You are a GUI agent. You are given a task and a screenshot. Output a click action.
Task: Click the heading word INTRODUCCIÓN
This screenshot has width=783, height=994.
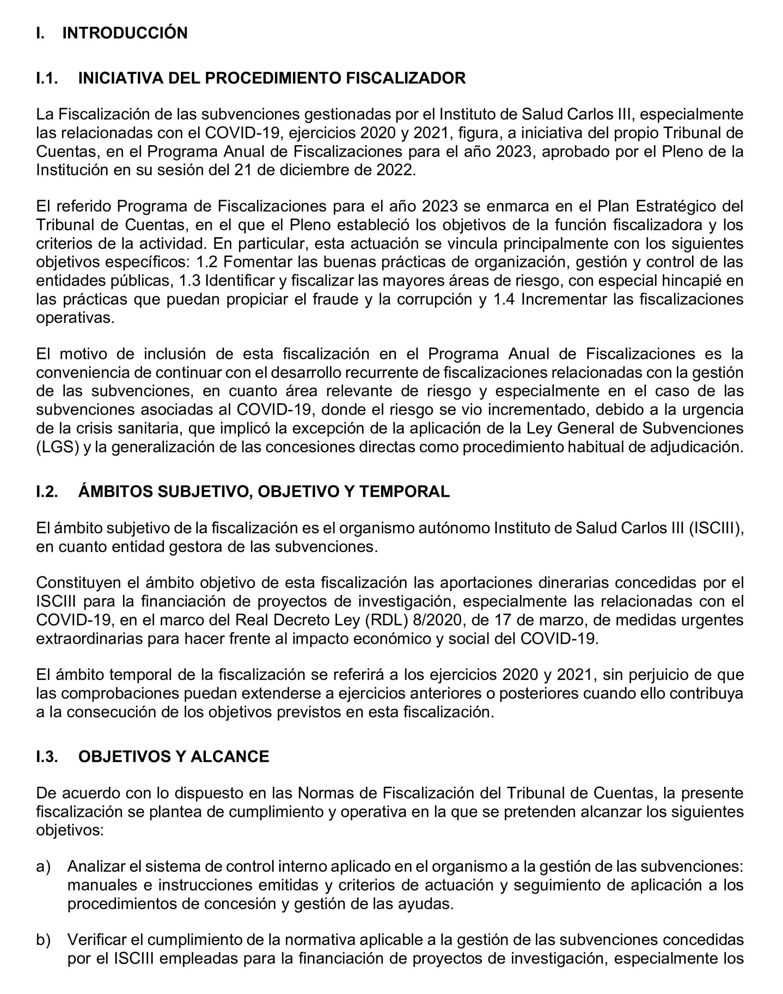(x=125, y=34)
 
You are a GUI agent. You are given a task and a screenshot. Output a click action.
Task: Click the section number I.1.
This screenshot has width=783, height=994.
(x=47, y=78)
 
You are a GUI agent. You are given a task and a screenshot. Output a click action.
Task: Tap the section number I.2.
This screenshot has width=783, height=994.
(x=47, y=492)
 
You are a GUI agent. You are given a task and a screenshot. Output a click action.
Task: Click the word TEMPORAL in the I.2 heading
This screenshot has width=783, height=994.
(x=404, y=492)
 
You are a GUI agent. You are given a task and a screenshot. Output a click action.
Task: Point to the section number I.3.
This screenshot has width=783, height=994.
(x=47, y=756)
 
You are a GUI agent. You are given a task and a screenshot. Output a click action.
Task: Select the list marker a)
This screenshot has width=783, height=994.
(x=43, y=867)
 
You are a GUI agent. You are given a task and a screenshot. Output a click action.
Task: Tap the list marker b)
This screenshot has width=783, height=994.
(x=43, y=940)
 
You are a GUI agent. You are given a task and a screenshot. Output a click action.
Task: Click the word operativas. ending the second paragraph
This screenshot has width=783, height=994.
(x=75, y=318)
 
